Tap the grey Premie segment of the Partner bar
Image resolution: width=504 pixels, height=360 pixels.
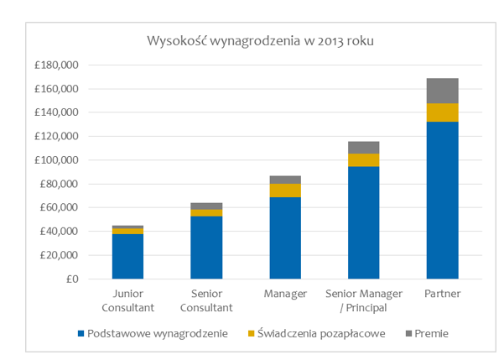(x=442, y=91)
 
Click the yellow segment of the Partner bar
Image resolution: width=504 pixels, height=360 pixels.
(x=442, y=112)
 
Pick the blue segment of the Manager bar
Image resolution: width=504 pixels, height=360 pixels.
(x=284, y=237)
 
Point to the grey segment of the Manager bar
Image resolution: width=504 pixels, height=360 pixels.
(x=284, y=180)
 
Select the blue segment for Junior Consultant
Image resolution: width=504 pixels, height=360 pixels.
(x=127, y=256)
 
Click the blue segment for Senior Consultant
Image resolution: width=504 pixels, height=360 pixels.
(x=206, y=247)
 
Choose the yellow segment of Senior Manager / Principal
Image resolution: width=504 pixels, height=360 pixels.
(x=363, y=159)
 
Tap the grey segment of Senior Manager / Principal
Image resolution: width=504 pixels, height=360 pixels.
(x=363, y=147)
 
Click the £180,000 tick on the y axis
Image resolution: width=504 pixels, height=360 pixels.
(x=55, y=65)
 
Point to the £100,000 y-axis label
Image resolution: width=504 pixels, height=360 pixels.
(x=55, y=160)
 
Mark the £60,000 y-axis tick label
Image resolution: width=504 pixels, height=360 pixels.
(x=57, y=207)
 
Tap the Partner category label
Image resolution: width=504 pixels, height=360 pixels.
(x=442, y=293)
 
